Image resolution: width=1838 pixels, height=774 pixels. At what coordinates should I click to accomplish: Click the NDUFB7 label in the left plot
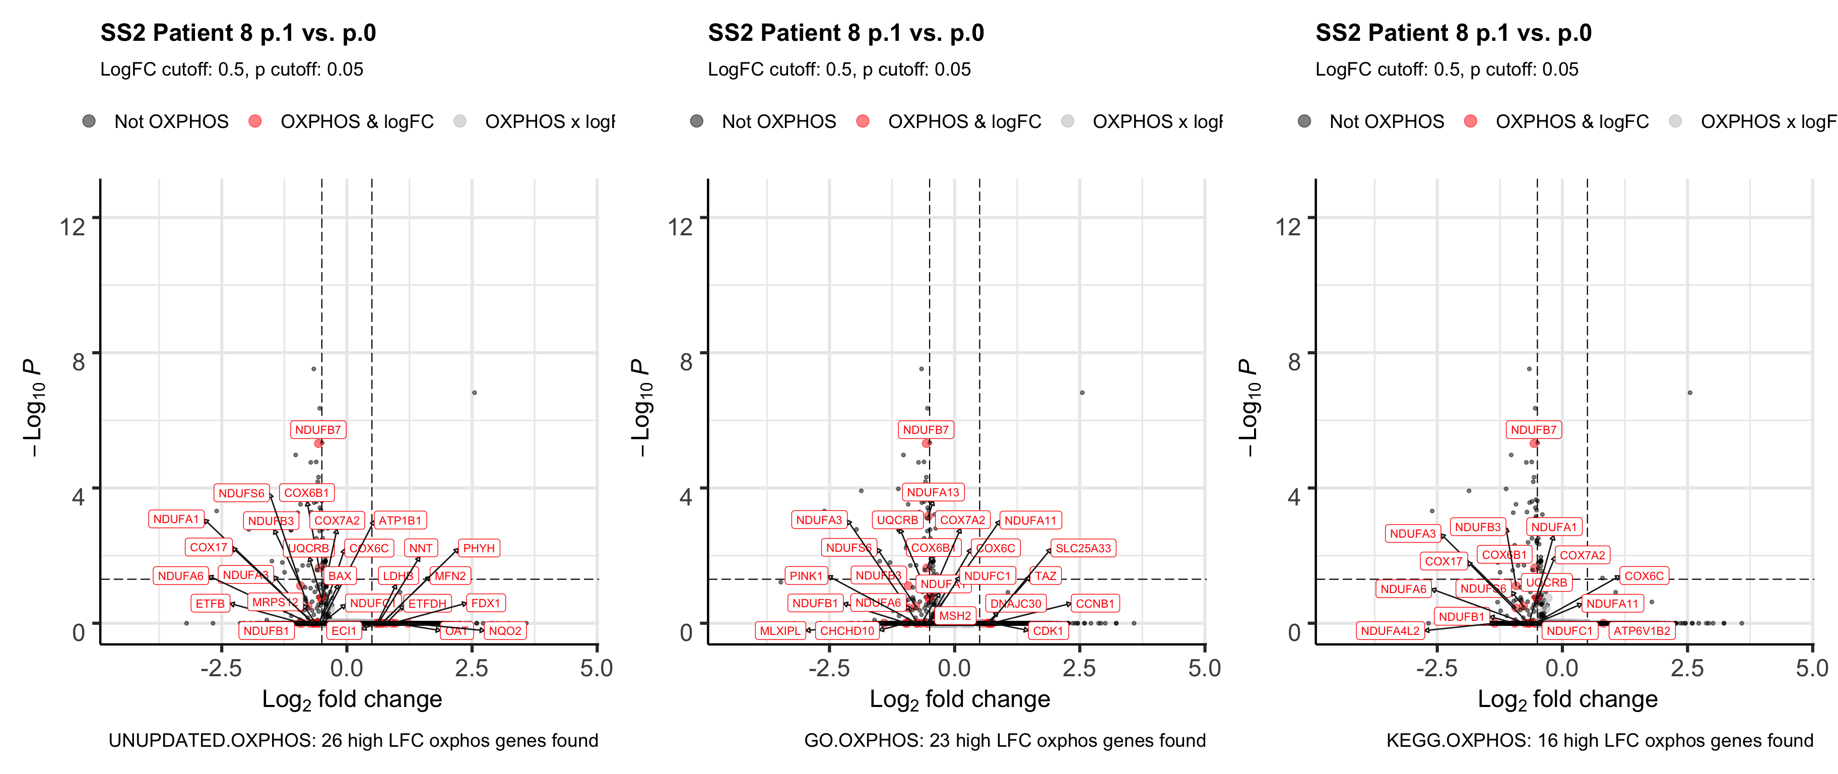[x=318, y=429]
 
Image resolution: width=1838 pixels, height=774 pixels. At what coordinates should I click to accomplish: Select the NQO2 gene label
[x=505, y=630]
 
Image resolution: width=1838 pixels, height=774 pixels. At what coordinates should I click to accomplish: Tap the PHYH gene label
[x=479, y=548]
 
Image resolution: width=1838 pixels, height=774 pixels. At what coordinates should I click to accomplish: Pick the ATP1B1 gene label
[x=400, y=520]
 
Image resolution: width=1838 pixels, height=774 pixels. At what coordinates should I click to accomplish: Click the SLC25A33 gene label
[x=1083, y=548]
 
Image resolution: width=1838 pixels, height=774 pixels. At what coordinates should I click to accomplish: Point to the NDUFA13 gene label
[x=933, y=491]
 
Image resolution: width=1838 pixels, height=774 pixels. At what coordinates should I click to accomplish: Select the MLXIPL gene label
[x=780, y=630]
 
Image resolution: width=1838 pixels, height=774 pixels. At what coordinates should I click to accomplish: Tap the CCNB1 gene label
[x=1094, y=604]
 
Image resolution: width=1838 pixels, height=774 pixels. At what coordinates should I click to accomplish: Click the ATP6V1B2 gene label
[x=1642, y=630]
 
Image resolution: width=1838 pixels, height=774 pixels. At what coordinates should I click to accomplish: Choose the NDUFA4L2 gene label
[x=1390, y=630]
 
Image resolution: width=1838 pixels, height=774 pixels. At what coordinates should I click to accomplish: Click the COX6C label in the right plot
[x=1644, y=575]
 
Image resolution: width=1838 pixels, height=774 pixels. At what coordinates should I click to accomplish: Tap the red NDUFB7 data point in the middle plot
[x=926, y=443]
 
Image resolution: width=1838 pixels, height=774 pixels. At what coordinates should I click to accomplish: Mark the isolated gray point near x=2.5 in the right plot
[x=1689, y=393]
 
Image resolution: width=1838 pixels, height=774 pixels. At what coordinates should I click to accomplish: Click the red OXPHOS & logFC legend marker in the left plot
[x=255, y=121]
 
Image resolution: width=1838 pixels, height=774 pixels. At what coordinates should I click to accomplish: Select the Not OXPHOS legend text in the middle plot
[x=778, y=121]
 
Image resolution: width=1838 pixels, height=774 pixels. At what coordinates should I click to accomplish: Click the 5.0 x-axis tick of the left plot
[x=597, y=668]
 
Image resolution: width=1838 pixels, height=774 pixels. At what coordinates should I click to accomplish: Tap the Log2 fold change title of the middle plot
[x=960, y=700]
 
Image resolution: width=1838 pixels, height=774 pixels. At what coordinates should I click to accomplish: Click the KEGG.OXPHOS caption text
[x=1599, y=740]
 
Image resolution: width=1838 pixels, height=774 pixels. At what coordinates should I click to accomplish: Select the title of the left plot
[x=238, y=33]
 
